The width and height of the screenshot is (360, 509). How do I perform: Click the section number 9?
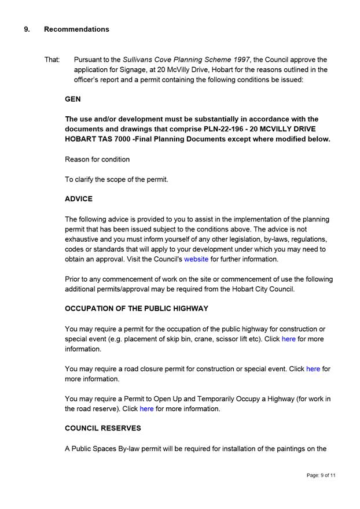[27, 29]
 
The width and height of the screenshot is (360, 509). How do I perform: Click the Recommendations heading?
[76, 29]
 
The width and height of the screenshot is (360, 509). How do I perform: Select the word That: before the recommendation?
[52, 60]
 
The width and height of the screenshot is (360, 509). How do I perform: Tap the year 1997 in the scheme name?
[238, 60]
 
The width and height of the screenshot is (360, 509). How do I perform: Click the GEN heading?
[73, 99]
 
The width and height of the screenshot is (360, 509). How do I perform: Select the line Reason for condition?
[97, 159]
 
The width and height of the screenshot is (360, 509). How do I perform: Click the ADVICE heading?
[79, 199]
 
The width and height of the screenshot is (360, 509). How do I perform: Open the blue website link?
[196, 259]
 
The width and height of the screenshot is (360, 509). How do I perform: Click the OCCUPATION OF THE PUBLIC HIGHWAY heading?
[137, 309]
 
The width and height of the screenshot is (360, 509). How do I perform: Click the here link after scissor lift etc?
[289, 339]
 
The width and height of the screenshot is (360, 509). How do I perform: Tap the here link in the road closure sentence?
[313, 369]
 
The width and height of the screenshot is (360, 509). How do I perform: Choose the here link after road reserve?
[146, 409]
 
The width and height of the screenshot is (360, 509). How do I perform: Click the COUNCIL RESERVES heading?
[103, 429]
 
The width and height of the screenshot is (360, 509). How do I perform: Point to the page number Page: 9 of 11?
[321, 475]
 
